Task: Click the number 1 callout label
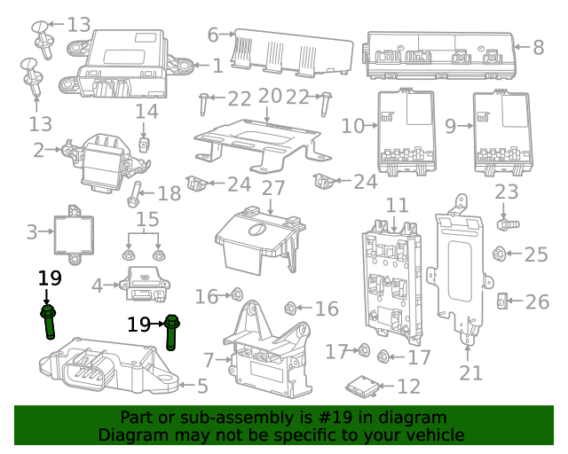click(217, 65)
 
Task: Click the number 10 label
click(352, 126)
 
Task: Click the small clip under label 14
click(145, 143)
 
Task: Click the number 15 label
click(146, 219)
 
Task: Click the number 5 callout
click(202, 386)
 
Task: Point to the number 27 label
click(272, 188)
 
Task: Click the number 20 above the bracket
click(269, 96)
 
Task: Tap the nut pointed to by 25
click(500, 254)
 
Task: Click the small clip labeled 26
click(501, 302)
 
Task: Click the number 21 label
click(470, 372)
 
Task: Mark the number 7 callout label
click(209, 360)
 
